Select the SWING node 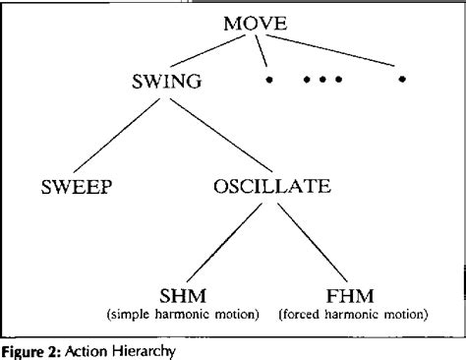tap(166, 84)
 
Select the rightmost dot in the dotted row tap(401, 79)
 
